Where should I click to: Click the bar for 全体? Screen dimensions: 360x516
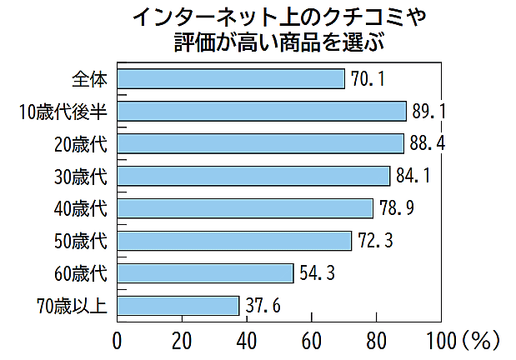(x=231, y=78)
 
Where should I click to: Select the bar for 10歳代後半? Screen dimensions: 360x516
(x=262, y=111)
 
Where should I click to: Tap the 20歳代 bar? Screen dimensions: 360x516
(x=260, y=143)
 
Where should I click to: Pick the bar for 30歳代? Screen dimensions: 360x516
(x=253, y=176)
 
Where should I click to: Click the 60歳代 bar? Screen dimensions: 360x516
(x=205, y=273)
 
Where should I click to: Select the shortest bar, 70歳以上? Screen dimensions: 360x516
(x=178, y=306)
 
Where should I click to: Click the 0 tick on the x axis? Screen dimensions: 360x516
(x=117, y=340)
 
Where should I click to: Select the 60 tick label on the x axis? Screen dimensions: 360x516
(x=311, y=340)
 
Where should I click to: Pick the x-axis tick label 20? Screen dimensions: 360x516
(x=182, y=340)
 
